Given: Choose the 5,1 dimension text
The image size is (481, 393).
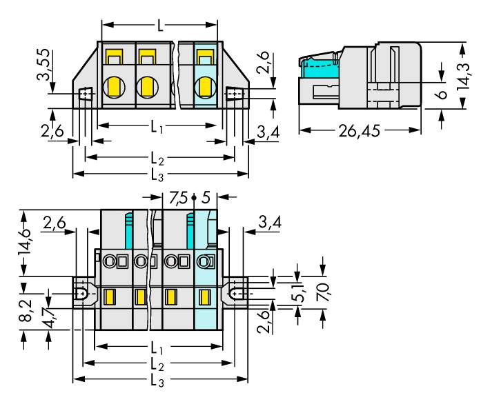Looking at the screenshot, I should [x=299, y=294].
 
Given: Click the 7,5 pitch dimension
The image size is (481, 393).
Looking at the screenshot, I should [x=177, y=198].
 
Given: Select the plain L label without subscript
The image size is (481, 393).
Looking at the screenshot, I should [x=160, y=26].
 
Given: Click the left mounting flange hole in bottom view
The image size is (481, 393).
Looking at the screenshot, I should [x=82, y=292].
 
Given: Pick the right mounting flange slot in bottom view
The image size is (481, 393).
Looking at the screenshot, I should [x=238, y=292].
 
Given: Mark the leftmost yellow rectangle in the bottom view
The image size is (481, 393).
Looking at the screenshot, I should [x=108, y=298].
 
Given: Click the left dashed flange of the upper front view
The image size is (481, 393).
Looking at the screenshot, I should [x=86, y=94].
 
